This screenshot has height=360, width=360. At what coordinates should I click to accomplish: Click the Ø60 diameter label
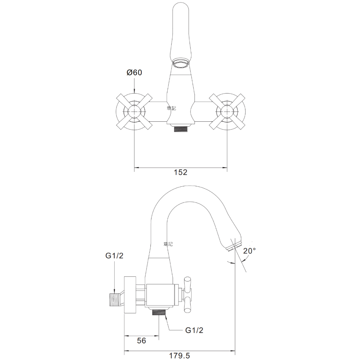tap(134, 72)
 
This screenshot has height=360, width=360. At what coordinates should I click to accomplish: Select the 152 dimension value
tap(180, 172)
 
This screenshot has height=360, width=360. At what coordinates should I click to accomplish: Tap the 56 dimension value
tap(141, 340)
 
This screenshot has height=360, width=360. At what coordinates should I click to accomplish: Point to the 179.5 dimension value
tap(180, 356)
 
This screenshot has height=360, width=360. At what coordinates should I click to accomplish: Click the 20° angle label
tap(250, 251)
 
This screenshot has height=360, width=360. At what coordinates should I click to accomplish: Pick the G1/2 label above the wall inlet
tap(114, 256)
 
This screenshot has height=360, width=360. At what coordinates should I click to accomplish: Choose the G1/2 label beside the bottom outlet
tap(194, 330)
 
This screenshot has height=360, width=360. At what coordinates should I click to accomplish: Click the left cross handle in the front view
tap(134, 112)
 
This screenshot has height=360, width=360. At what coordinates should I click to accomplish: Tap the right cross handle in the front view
tap(227, 112)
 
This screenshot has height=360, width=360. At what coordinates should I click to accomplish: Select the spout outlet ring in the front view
tap(180, 63)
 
